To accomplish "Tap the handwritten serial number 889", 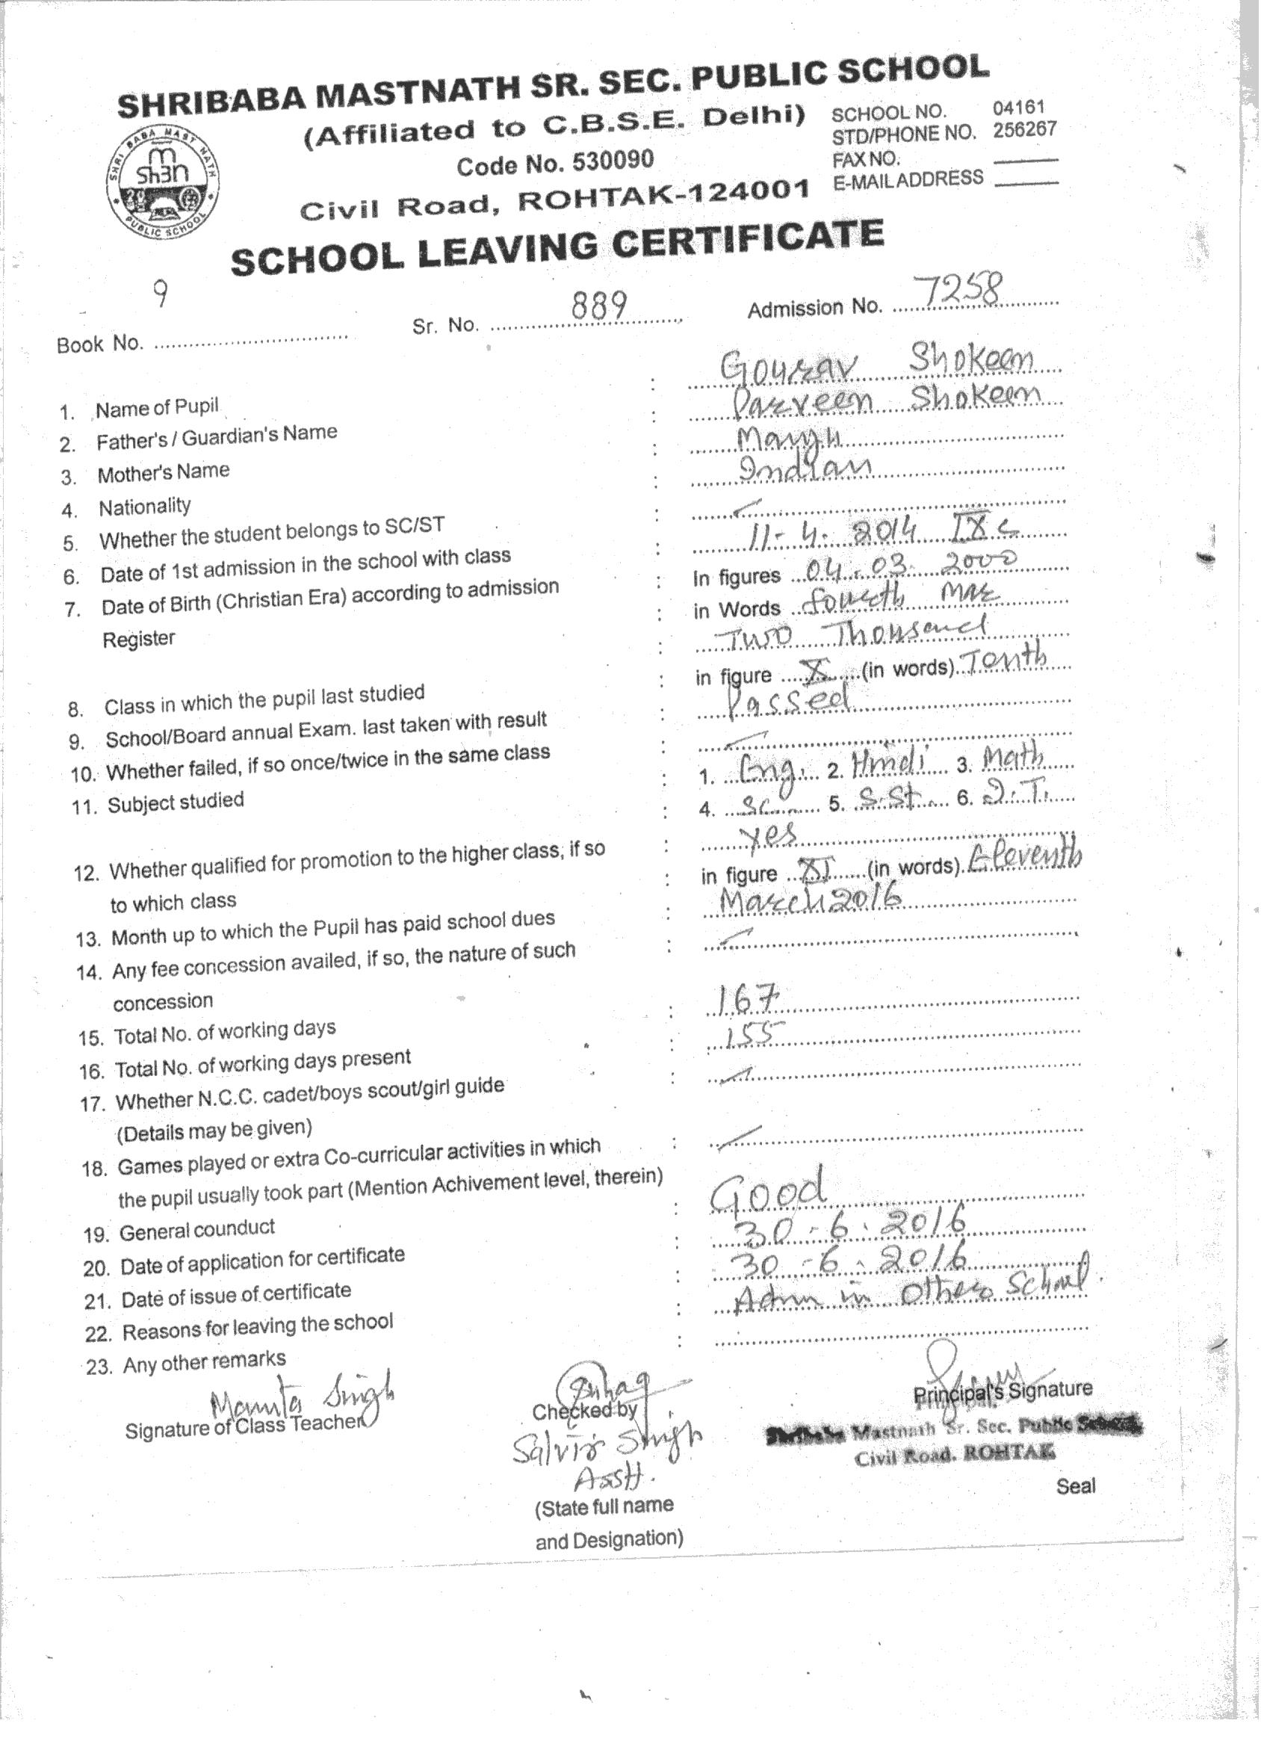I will point(599,306).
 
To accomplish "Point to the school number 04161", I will point(1018,108).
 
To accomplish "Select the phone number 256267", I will point(1024,129).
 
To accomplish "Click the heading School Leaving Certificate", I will point(556,247).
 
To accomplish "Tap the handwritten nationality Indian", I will point(804,468).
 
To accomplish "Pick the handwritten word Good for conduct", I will point(767,1190).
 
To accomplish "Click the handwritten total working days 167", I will point(743,1001).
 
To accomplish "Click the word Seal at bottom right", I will point(1074,1486).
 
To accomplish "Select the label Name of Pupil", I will point(157,406).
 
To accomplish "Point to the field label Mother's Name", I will point(164,471).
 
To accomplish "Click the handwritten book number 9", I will point(160,294).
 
